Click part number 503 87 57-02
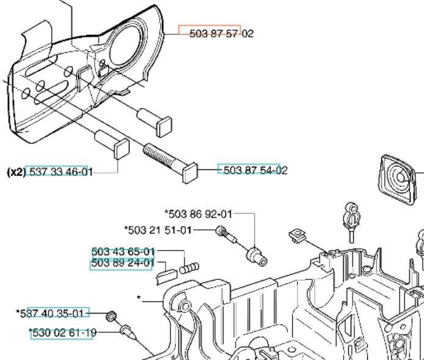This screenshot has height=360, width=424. (221, 34)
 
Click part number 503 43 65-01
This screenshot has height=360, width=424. (123, 251)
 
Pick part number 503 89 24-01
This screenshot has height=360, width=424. (123, 263)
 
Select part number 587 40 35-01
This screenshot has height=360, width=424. (54, 314)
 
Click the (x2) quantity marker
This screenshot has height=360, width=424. (16, 172)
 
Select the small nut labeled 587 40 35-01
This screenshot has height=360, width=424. (111, 315)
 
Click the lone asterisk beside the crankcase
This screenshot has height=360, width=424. (139, 298)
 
